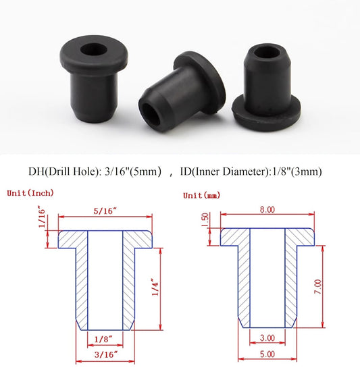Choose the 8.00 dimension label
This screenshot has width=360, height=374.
(268, 210)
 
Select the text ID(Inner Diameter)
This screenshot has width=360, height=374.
(228, 171)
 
